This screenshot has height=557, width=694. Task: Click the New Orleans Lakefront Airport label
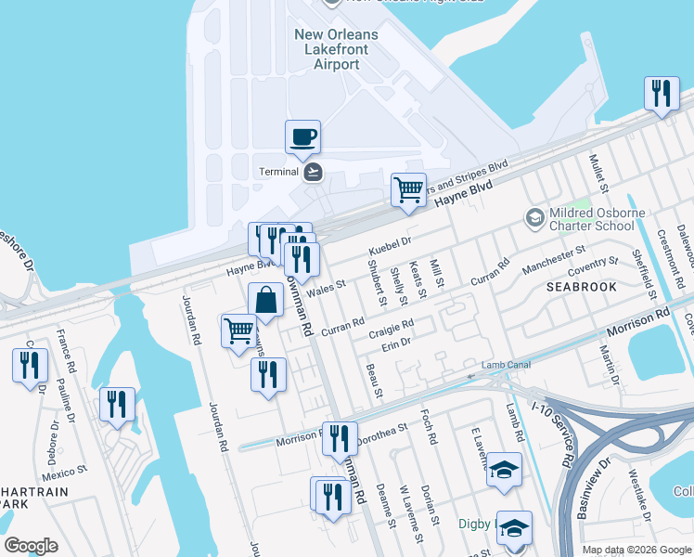336,49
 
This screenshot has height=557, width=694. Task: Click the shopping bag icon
266,301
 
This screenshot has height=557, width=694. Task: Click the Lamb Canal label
506,365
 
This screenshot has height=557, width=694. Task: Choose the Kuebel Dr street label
389,248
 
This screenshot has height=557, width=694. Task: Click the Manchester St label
554,258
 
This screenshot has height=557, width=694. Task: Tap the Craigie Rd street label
390,330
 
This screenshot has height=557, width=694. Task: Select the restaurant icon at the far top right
661,93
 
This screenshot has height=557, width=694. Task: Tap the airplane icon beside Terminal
314,172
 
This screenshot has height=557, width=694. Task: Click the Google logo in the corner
31,546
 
